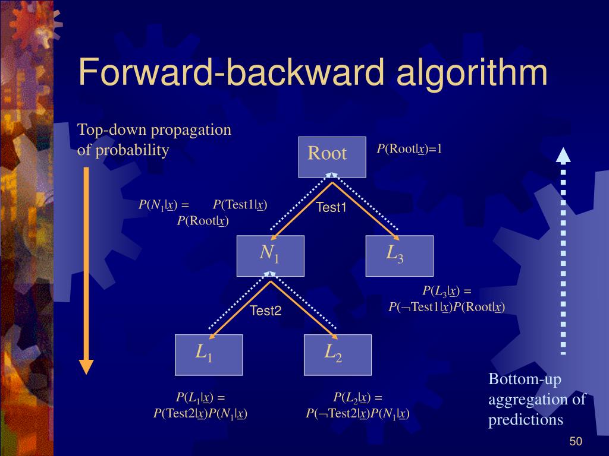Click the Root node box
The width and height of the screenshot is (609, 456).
coord(332,157)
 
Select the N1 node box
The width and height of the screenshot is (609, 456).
coord(270,255)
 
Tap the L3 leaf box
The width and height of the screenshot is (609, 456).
coord(399,255)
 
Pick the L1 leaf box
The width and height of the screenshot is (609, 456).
coord(208,354)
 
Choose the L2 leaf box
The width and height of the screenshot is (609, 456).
coord(337,354)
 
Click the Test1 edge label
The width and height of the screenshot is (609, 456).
coord(331,208)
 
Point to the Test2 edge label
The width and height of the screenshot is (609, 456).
coord(265,311)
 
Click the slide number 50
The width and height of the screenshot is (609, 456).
coord(575,441)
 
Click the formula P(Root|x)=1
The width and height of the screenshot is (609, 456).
coord(409,148)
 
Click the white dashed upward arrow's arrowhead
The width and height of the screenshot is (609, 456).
coord(563,155)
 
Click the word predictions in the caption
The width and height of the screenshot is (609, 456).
coord(525,420)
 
